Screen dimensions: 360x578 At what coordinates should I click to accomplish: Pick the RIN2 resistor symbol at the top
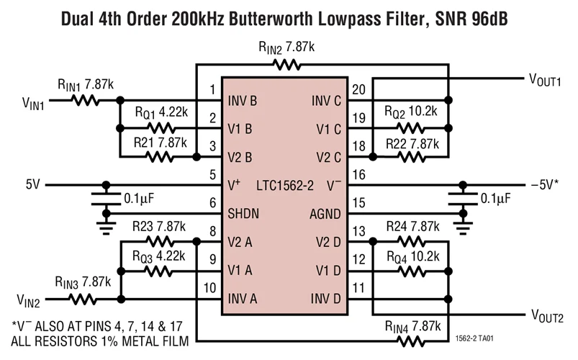286,66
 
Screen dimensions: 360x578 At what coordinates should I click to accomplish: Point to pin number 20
359,89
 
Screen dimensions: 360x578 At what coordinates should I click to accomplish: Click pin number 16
359,174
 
